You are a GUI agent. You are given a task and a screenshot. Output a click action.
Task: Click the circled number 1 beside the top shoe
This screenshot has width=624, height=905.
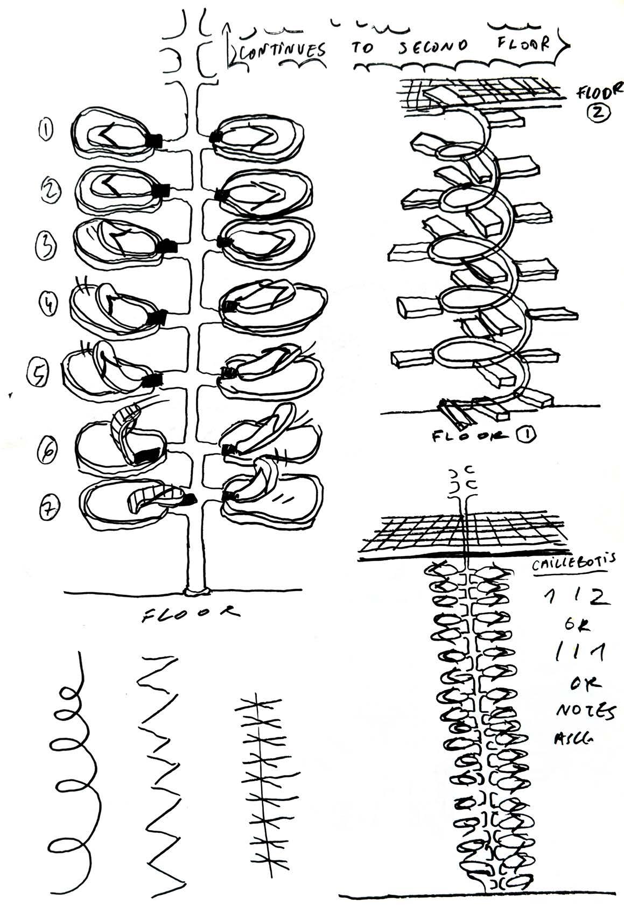coord(46,129)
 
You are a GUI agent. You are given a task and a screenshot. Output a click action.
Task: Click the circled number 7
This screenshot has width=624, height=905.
coord(50,507)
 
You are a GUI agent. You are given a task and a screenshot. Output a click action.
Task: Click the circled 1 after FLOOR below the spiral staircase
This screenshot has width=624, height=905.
coord(525,437)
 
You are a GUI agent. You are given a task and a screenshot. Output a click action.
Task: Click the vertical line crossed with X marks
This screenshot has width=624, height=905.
coord(260,775)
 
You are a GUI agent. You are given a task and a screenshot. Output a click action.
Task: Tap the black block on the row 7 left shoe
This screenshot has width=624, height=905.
coord(188,500)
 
